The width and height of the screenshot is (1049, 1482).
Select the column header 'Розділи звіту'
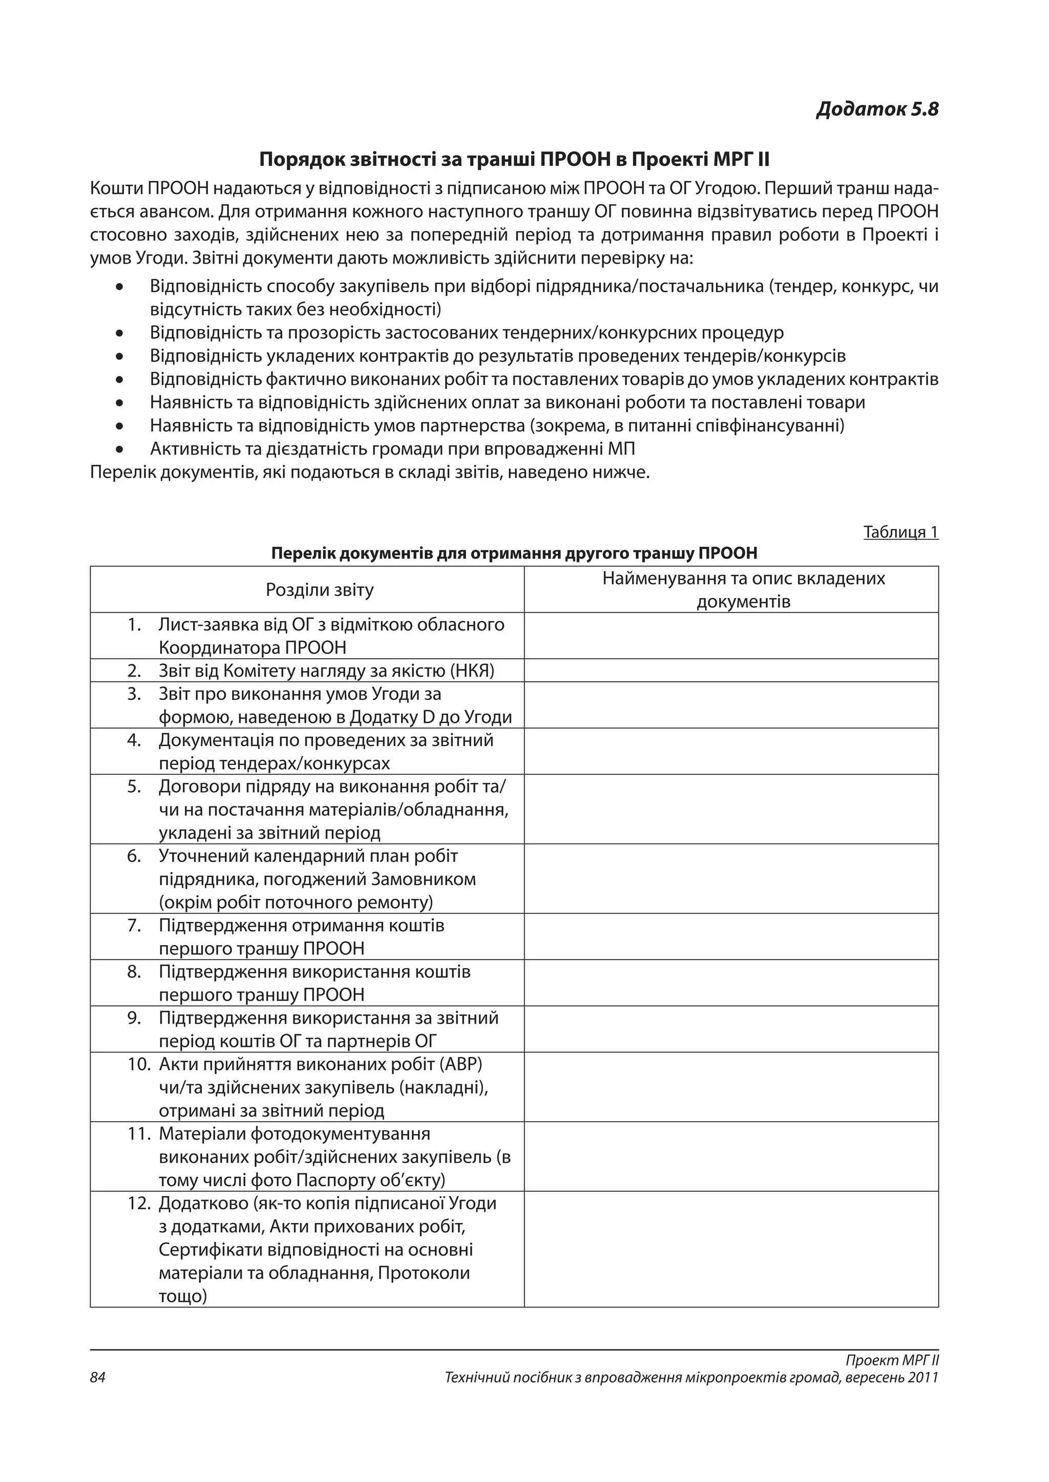pos(320,590)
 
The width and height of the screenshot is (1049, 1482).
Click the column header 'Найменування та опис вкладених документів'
pos(744,590)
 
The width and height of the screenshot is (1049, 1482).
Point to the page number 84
pos(97,1378)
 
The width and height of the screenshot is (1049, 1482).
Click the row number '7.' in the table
pos(134,925)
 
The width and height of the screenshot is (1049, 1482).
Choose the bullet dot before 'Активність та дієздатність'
pos(119,449)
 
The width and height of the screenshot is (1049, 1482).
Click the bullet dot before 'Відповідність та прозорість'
pos(119,334)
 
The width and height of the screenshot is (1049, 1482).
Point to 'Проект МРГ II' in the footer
pos(892,1360)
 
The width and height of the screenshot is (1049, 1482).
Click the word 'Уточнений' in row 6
pos(203,856)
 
